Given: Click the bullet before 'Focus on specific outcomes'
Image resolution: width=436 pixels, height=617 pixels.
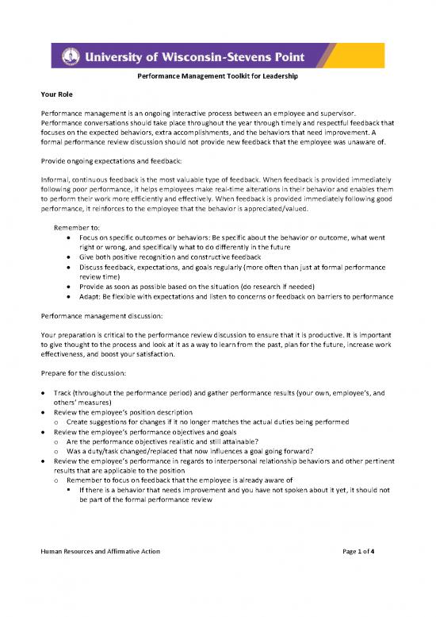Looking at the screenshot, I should pos(72,237).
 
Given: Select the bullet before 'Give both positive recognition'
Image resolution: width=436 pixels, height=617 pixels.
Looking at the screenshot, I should pos(72,258).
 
